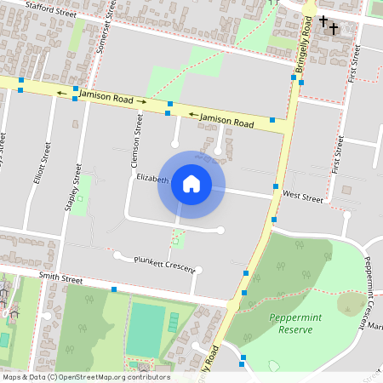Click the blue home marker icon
pyautogui.click(x=191, y=184)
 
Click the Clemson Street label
pyautogui.click(x=135, y=136)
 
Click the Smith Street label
pyautogui.click(x=60, y=278)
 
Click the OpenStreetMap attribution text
pyautogui.click(x=85, y=377)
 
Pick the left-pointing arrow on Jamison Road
pyautogui.click(x=60, y=92)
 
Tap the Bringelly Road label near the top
pyautogui.click(x=304, y=47)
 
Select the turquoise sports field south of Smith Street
pyautogui.click(x=146, y=328)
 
